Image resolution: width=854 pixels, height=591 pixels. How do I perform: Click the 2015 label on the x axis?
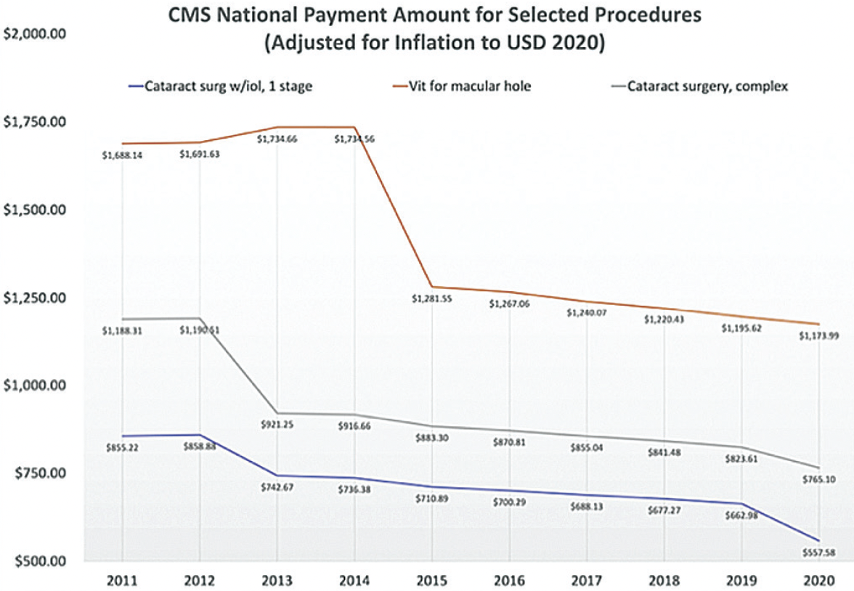click(431, 581)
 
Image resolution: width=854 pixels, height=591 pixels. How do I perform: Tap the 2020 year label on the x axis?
click(819, 581)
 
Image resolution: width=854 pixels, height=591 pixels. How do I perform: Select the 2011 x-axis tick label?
click(121, 581)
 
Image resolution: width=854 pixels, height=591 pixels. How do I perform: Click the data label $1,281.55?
click(431, 298)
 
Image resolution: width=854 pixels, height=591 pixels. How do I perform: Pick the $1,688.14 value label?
click(121, 155)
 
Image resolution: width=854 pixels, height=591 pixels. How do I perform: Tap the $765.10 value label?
click(819, 478)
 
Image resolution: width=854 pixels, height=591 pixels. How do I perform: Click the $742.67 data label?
click(277, 486)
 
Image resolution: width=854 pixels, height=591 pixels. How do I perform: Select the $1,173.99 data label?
click(819, 335)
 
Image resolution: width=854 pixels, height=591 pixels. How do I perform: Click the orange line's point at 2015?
click(431, 287)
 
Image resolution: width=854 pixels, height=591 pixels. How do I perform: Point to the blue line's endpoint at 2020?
click(819, 541)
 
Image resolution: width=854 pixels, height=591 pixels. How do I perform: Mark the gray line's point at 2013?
click(277, 413)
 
